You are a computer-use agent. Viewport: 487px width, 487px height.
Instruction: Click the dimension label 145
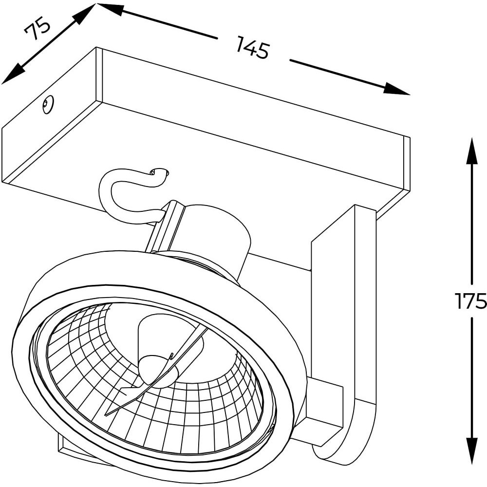tap(252, 47)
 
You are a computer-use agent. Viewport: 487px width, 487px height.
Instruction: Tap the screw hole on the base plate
tap(48, 104)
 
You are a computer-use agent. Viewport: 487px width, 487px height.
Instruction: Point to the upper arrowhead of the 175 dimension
tap(472, 151)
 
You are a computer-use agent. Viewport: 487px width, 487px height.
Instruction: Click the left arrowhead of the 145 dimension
tap(109, 9)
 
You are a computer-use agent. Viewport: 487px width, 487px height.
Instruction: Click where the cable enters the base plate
tap(159, 172)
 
